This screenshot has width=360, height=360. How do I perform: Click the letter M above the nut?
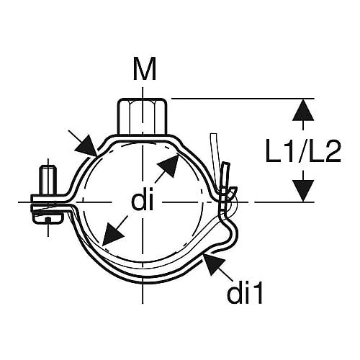pyautogui.click(x=145, y=68)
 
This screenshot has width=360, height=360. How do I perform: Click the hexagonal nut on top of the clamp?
pyautogui.click(x=143, y=116)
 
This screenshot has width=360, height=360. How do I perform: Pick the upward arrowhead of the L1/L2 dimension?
pyautogui.click(x=303, y=109)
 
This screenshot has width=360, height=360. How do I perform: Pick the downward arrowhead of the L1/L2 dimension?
pyautogui.click(x=303, y=191)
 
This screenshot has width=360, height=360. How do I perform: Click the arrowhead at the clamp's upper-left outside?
pyautogui.click(x=87, y=146)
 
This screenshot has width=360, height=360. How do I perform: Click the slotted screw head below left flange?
pyautogui.click(x=48, y=218)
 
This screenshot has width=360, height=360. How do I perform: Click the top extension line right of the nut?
pyautogui.click(x=243, y=99)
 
